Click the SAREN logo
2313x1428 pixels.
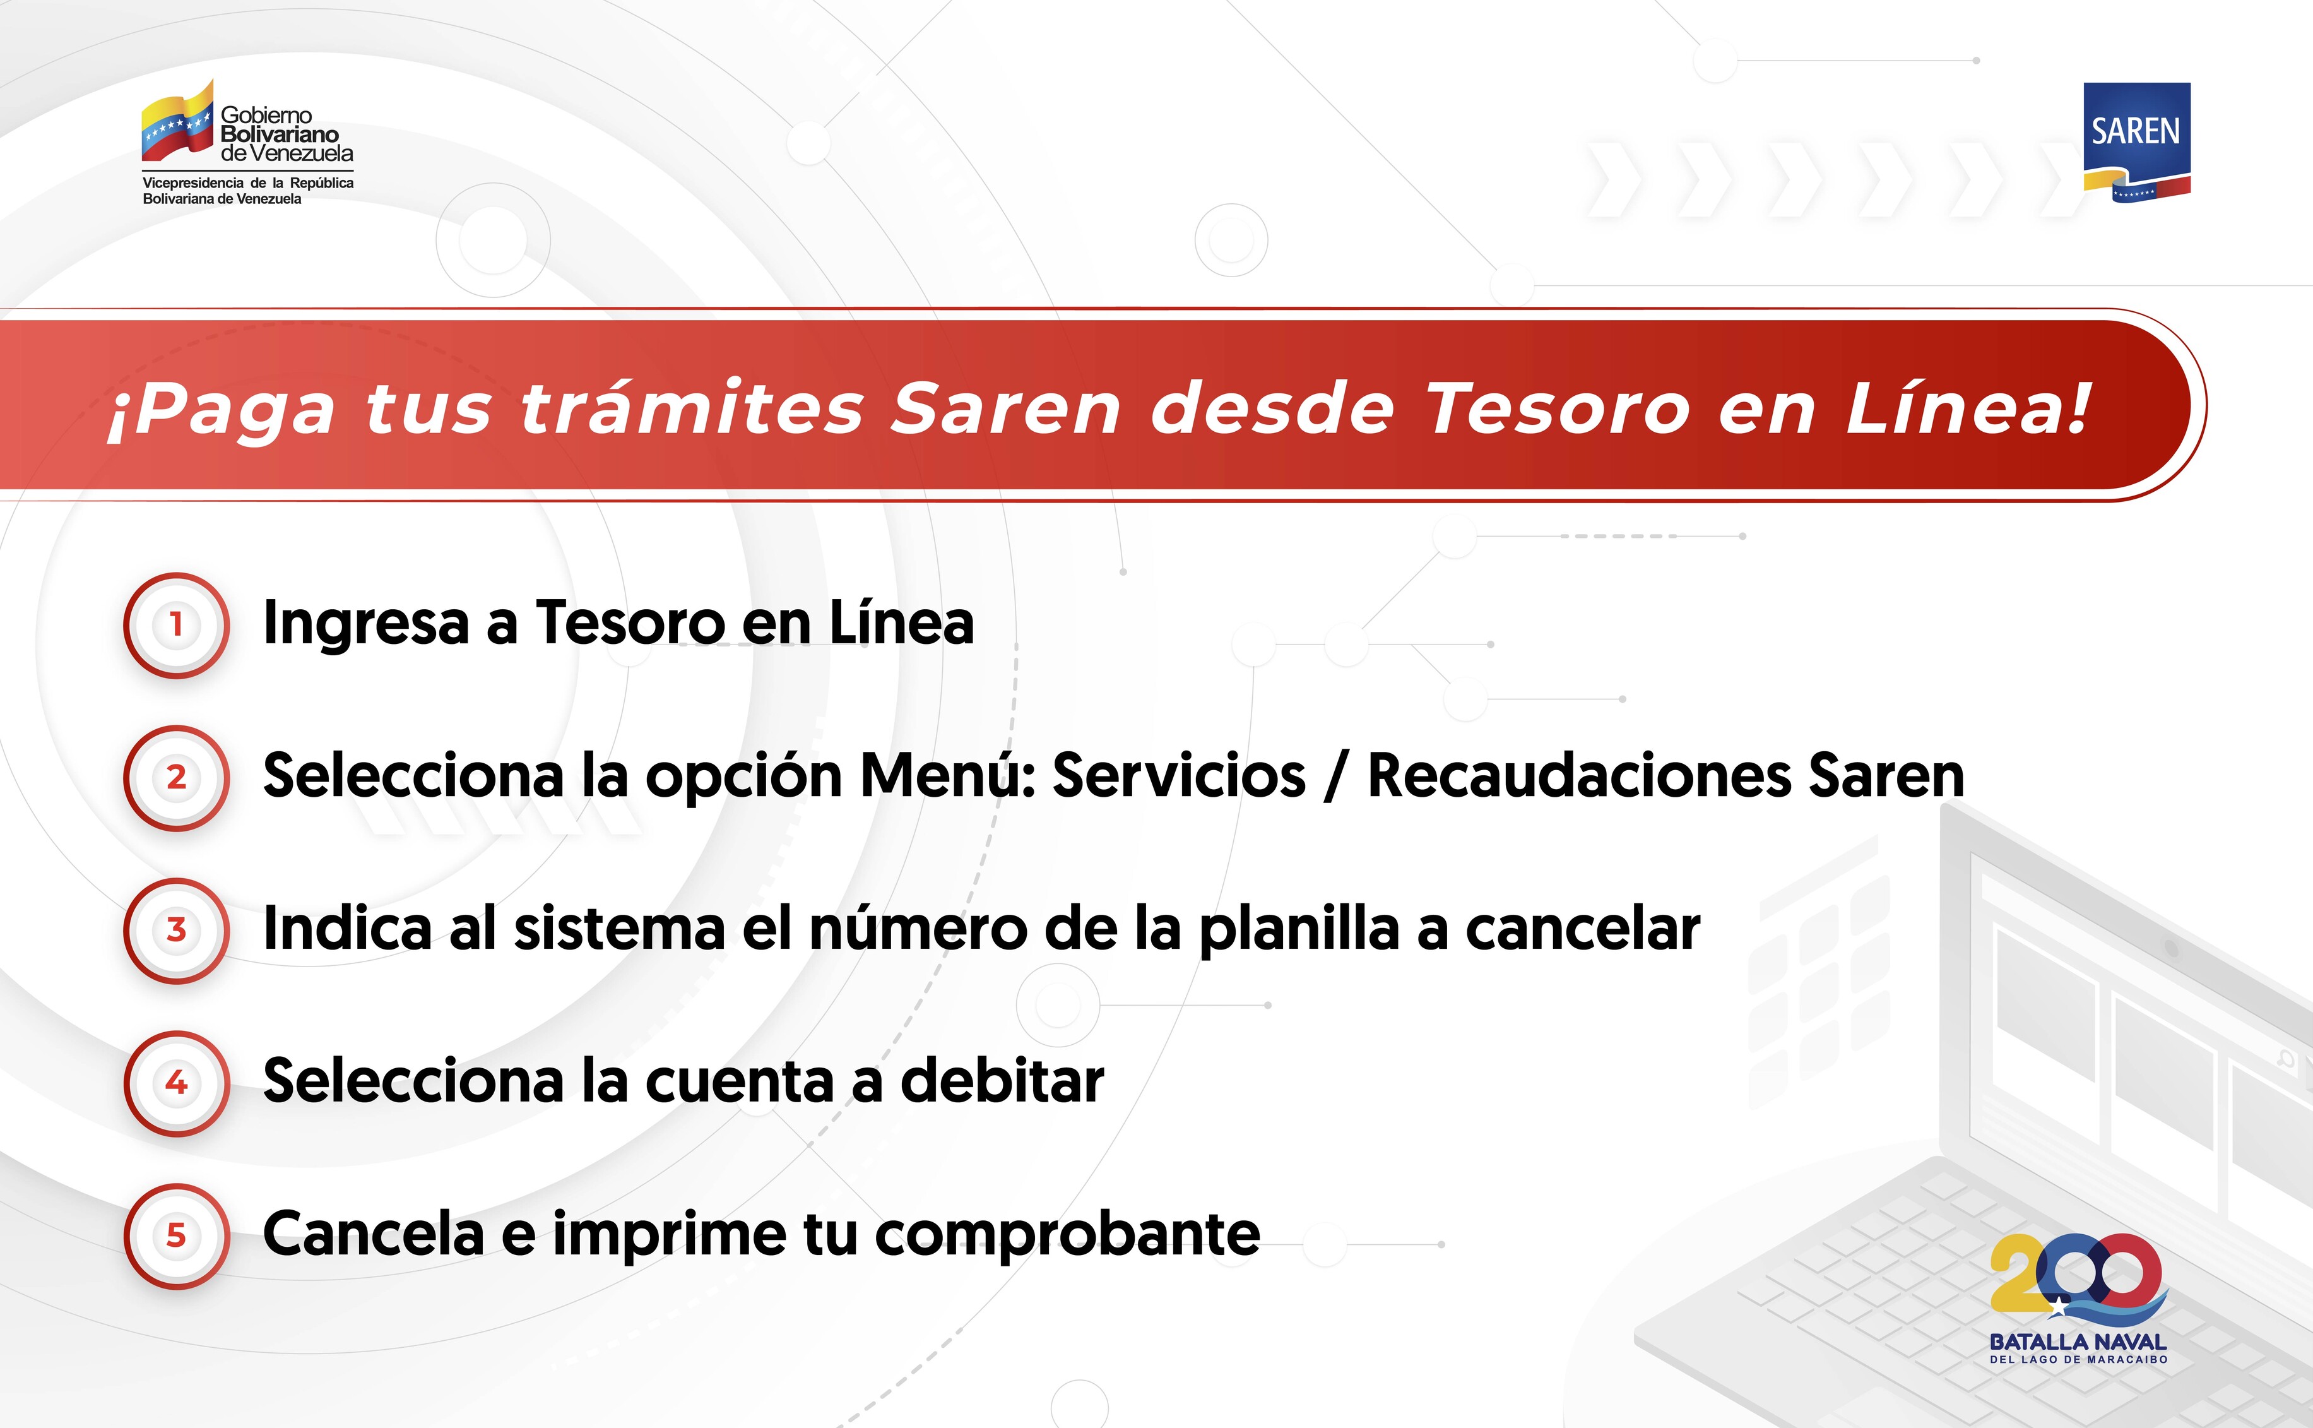click(x=2136, y=141)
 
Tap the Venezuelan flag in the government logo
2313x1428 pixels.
click(x=177, y=122)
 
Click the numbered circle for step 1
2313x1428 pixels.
click(x=177, y=625)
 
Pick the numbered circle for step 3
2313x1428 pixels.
click(x=177, y=931)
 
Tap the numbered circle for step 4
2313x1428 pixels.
click(x=177, y=1083)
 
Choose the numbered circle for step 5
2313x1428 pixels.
click(x=177, y=1236)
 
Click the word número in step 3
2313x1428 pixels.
click(x=918, y=929)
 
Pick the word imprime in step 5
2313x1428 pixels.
click(x=670, y=1234)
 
